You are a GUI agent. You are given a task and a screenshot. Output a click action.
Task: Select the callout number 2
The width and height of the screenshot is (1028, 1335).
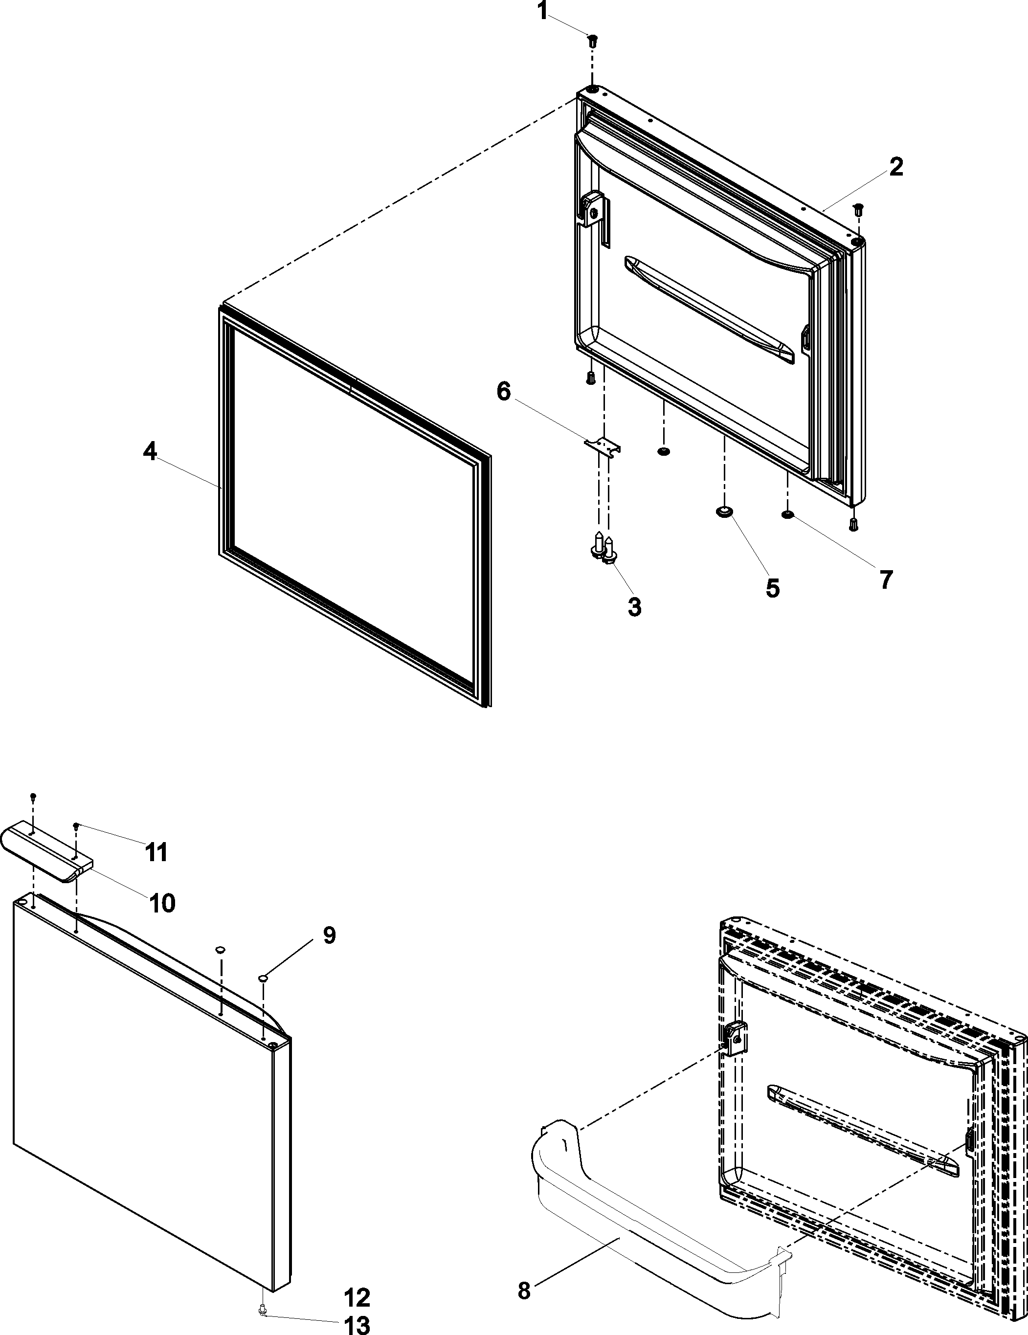click(x=895, y=167)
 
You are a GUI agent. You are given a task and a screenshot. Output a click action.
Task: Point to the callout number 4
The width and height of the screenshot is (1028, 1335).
click(x=150, y=452)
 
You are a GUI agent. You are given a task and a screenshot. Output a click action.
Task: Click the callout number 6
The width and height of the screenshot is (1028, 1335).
click(x=503, y=391)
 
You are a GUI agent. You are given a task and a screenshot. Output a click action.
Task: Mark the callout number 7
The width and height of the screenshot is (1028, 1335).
click(x=886, y=579)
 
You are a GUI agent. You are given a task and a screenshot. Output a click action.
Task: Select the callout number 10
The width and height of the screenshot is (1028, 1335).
click(x=162, y=902)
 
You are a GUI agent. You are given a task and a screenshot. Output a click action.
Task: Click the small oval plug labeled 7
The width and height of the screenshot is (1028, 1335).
click(x=787, y=514)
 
